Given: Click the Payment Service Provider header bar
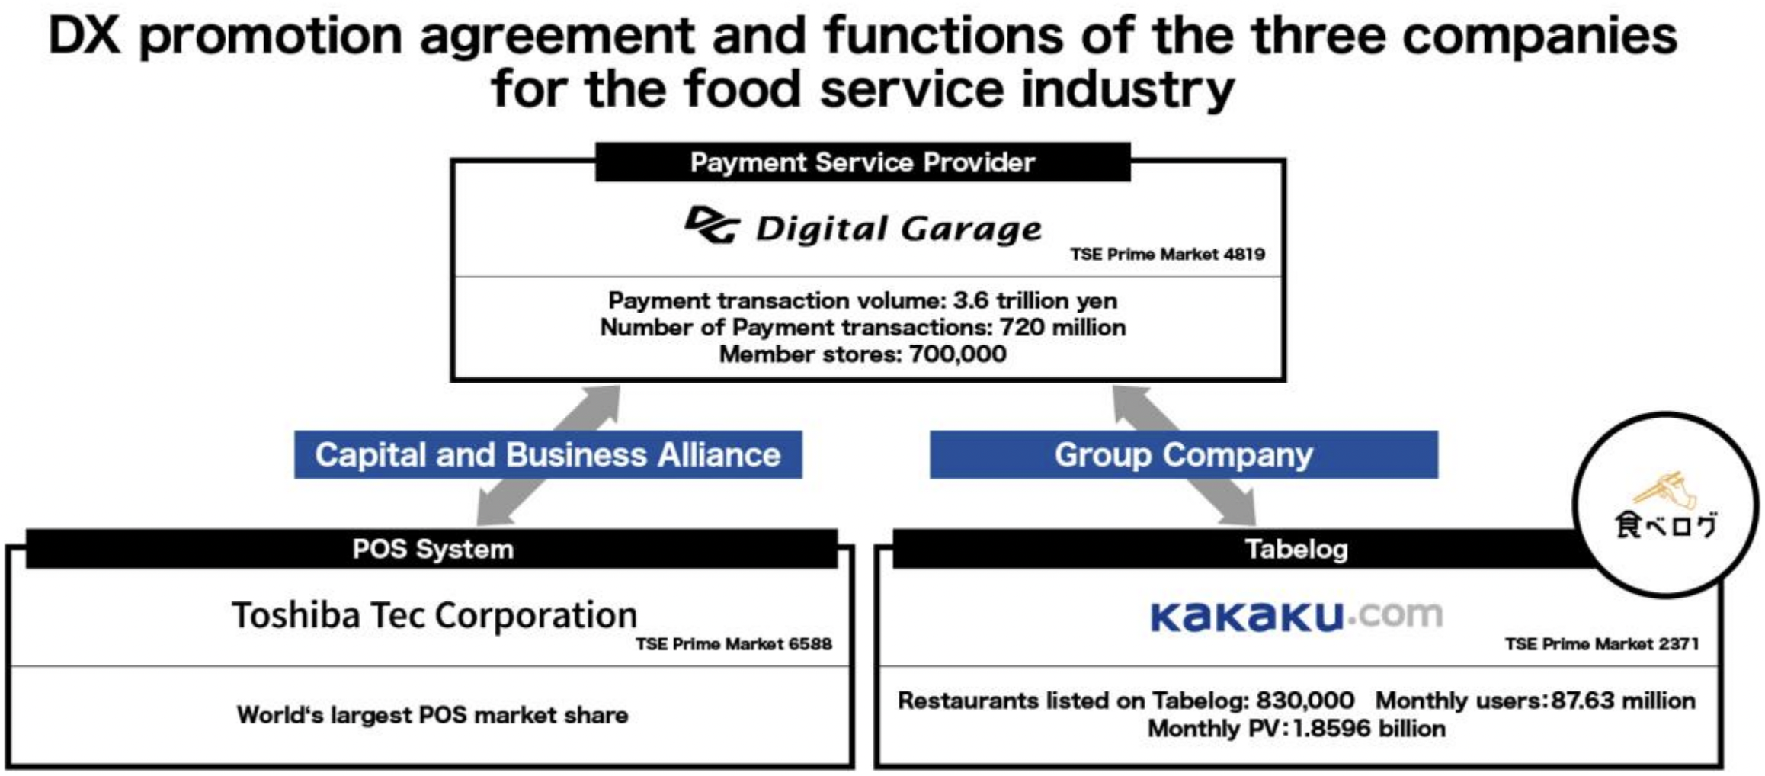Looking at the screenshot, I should pos(862,162).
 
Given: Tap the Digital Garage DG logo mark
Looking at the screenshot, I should pos(712,226).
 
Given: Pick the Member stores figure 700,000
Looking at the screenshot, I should pos(957,354).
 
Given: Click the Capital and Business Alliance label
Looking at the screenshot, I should pos(548,455).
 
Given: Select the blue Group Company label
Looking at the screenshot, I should pos(1183,455).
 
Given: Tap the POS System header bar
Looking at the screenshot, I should pos(432,549).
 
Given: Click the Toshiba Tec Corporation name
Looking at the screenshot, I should pos(434,615).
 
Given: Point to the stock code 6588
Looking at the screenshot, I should pos(810,645).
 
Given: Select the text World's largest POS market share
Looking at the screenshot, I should pos(432,715).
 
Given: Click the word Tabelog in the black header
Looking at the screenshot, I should pos(1296,549).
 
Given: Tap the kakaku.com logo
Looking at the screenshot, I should pos(1296,616).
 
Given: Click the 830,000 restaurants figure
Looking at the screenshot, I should pos(1305,701).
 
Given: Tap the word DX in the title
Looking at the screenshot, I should pos(85,36).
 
